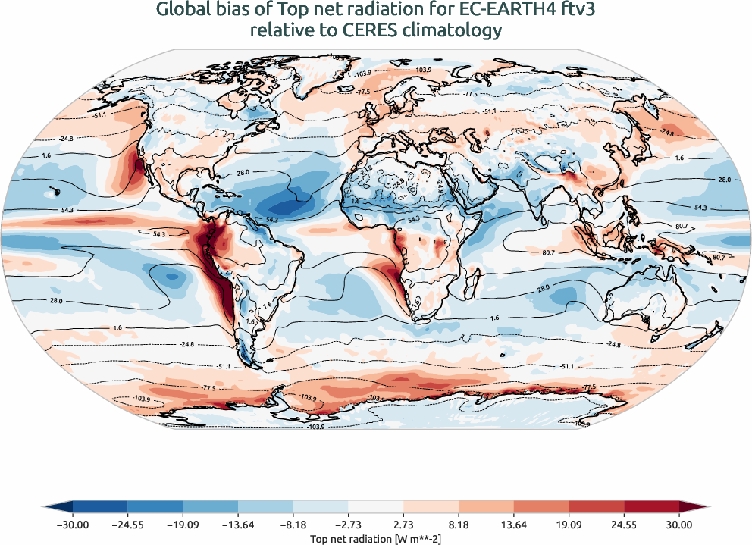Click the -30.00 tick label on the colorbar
click(x=73, y=524)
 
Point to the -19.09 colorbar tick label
click(x=183, y=524)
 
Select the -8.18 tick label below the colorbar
click(x=293, y=524)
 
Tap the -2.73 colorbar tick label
click(x=348, y=524)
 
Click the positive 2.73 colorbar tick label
click(x=403, y=524)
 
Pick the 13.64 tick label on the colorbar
click(x=513, y=524)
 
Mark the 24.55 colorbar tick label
click(x=624, y=524)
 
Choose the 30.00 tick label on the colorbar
click(x=678, y=524)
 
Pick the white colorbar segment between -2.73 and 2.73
click(x=376, y=506)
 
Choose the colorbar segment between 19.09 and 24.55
click(x=596, y=506)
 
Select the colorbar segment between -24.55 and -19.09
click(x=155, y=506)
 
